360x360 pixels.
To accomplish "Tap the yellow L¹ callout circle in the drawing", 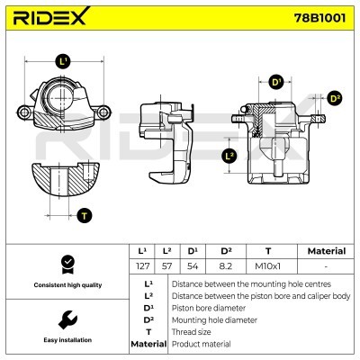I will click(62, 62).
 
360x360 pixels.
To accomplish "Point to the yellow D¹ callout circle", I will click(276, 83).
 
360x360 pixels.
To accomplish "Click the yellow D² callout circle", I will click(335, 98).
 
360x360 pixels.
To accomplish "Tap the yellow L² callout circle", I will click(229, 156).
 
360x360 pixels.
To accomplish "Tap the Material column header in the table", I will click(326, 251).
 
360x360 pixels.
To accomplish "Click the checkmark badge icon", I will click(66, 264).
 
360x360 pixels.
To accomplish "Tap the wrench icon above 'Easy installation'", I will click(66, 319).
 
